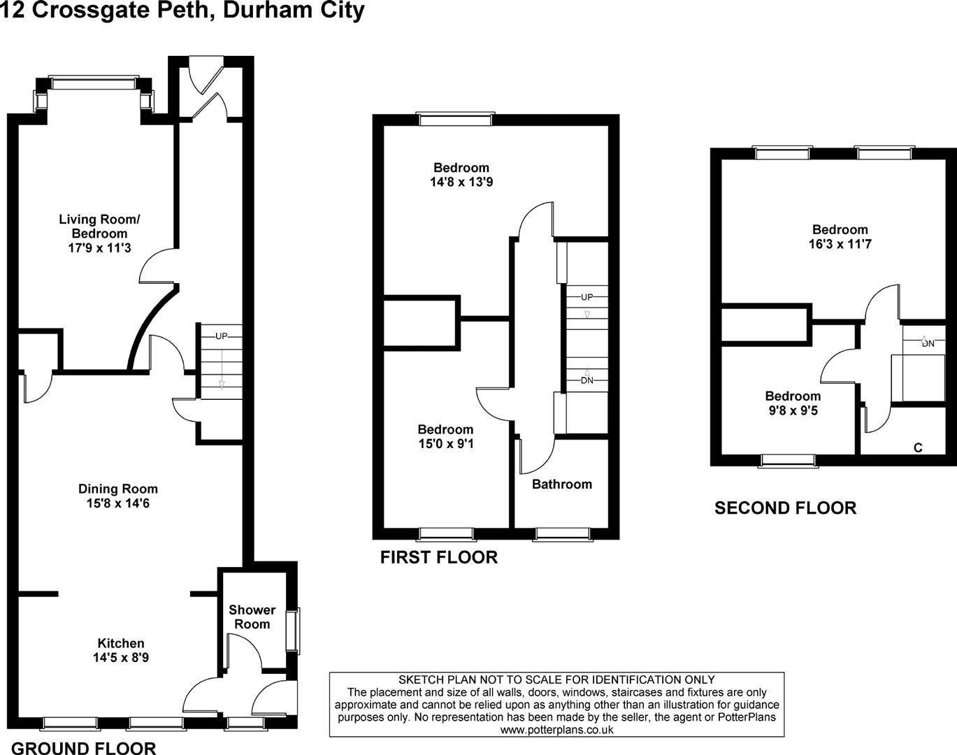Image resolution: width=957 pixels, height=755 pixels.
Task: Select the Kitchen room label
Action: [120, 643]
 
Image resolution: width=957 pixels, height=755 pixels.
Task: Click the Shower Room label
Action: [252, 617]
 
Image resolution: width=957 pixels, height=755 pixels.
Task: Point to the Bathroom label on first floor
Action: [561, 484]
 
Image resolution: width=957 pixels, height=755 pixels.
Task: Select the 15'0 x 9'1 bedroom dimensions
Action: [445, 444]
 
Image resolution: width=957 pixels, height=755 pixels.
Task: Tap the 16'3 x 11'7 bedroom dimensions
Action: [840, 245]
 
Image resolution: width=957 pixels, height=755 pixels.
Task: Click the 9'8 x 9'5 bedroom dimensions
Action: [792, 411]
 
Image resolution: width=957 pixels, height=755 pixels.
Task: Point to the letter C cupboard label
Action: [918, 447]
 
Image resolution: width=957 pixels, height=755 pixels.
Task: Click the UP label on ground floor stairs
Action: [222, 336]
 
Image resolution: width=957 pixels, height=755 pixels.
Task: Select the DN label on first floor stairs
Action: [587, 380]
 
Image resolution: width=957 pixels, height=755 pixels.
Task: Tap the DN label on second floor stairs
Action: [928, 343]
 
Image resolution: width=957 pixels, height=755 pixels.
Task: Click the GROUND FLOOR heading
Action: [84, 748]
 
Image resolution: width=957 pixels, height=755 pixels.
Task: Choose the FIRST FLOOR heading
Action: [438, 557]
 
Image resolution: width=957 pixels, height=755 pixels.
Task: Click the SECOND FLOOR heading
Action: [785, 508]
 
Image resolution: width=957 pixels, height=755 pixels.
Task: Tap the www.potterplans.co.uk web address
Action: [556, 729]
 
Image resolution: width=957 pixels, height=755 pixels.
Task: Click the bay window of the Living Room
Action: [94, 83]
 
